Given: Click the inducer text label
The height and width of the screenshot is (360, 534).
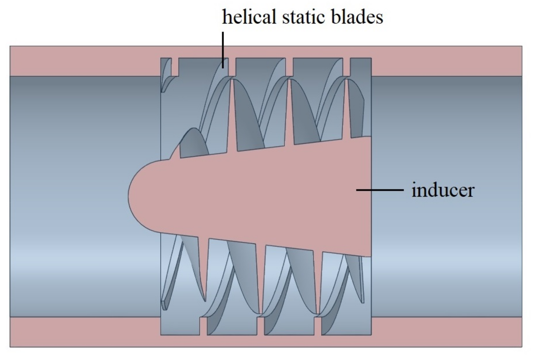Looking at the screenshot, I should pos(443,190).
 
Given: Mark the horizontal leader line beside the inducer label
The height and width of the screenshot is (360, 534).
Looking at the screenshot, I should pos(380,190).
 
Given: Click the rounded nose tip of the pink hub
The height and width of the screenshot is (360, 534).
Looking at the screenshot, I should pos(132,195).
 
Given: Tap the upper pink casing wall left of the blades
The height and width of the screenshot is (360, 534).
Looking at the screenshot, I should pos(85,61).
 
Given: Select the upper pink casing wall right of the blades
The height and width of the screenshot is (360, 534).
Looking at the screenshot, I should pos(447,61).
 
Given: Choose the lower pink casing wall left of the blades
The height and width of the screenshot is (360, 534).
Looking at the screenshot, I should pos(85,332).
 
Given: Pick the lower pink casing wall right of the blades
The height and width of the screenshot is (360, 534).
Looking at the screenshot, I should pos(447,332).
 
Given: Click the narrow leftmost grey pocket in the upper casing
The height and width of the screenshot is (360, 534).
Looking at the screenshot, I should pos(167,67).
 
